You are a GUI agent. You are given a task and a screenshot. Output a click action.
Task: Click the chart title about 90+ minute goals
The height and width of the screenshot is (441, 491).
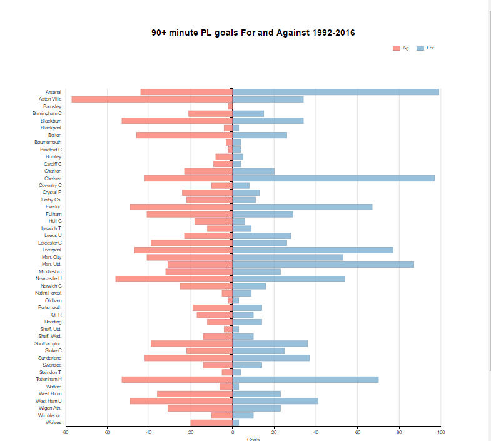click(253, 33)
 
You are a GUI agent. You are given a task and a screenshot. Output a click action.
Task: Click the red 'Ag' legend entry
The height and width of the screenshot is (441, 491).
click(401, 48)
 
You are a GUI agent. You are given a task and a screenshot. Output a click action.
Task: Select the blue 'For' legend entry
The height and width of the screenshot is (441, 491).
click(425, 48)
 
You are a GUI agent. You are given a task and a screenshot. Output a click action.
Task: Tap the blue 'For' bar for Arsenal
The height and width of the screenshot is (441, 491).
click(335, 92)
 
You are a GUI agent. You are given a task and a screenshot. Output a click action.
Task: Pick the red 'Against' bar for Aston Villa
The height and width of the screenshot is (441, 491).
click(152, 99)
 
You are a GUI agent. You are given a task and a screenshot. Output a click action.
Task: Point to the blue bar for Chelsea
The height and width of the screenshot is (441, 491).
click(333, 178)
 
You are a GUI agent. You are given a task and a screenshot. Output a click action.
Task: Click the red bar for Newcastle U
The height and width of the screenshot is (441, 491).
click(174, 279)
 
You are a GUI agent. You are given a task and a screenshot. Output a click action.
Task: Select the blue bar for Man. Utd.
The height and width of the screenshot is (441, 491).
click(323, 265)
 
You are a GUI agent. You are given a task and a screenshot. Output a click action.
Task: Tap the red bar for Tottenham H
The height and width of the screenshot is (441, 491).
click(177, 380)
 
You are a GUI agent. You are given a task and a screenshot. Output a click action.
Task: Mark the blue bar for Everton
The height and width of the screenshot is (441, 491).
click(302, 207)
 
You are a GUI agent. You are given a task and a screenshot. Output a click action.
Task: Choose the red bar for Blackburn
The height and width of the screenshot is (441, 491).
click(177, 121)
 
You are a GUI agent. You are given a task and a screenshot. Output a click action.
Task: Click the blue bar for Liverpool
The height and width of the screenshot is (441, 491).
click(313, 250)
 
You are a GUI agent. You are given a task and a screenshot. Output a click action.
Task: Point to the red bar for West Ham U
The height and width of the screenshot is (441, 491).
click(181, 401)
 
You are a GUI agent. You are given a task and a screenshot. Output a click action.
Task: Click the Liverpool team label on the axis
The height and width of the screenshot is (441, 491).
click(52, 250)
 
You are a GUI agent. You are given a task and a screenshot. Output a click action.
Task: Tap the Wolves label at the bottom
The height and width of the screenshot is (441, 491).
click(53, 423)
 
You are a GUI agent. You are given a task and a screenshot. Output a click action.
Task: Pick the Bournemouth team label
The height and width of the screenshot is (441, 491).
click(48, 143)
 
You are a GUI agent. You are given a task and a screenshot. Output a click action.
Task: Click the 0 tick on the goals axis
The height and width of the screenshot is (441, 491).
click(232, 432)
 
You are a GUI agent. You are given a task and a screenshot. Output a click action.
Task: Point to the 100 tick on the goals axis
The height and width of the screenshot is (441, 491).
click(441, 432)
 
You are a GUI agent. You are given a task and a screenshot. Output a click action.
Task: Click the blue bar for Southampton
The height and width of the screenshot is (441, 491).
click(270, 343)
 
